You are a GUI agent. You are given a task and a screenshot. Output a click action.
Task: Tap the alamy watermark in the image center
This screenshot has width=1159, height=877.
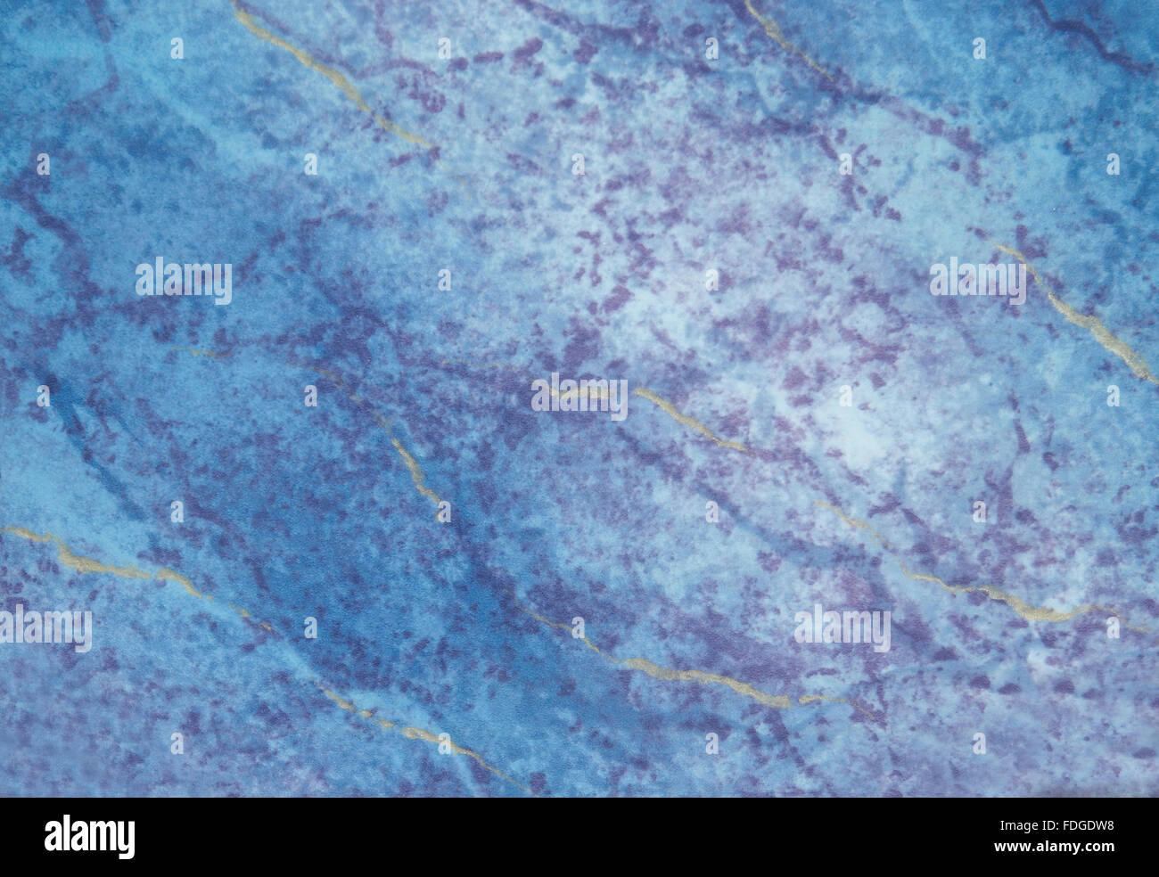pos(579,398)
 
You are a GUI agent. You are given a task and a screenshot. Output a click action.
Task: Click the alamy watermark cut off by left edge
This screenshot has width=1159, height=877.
pos(45,628)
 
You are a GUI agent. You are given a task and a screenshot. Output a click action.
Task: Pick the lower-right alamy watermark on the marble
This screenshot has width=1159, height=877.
pos(842,628)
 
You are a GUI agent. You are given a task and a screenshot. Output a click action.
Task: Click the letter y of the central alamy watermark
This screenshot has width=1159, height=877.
pos(618,401)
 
